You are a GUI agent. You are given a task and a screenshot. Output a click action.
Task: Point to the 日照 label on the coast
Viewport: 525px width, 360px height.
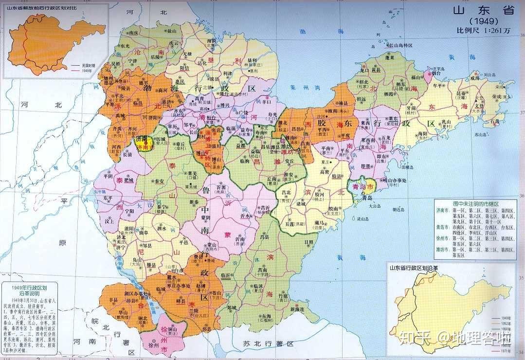pyautogui.click(x=309, y=242)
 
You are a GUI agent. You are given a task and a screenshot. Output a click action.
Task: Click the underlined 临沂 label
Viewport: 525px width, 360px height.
pyautogui.click(x=225, y=275)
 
